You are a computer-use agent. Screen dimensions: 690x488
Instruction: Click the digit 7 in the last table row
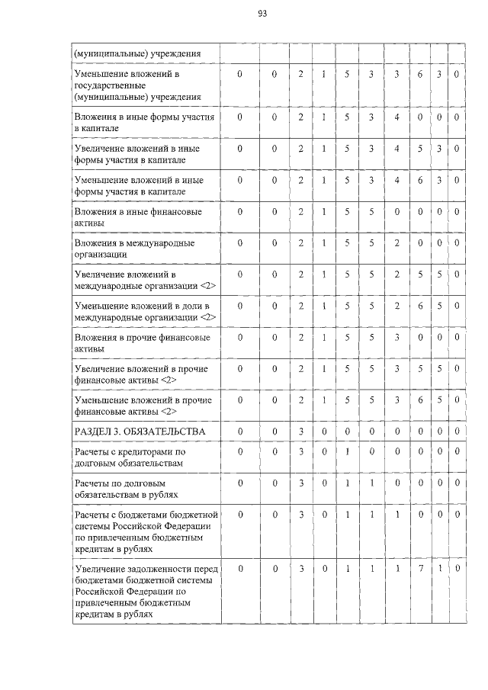coord(419,569)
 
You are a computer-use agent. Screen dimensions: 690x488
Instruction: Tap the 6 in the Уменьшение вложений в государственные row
coord(419,75)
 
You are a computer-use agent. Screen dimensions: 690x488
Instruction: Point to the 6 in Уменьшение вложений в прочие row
coord(419,400)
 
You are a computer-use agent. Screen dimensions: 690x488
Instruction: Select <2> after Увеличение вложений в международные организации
coord(206,285)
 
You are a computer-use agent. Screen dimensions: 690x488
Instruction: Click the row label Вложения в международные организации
coord(123,249)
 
